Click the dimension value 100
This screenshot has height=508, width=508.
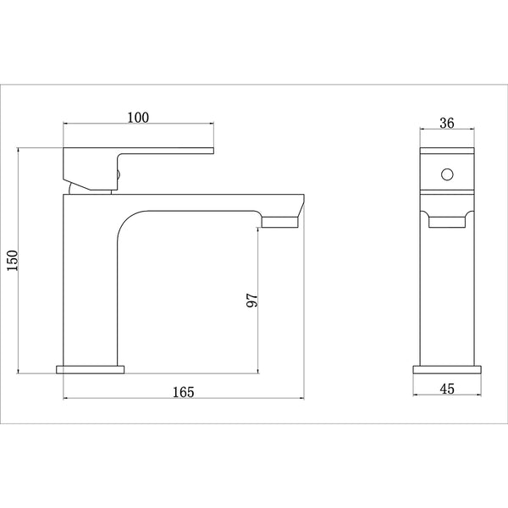pyautogui.click(x=138, y=118)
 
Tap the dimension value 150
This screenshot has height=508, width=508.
pyautogui.click(x=13, y=261)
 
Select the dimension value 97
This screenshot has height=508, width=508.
pyautogui.click(x=252, y=300)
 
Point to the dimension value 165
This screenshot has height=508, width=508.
pyautogui.click(x=183, y=392)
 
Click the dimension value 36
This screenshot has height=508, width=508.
pyautogui.click(x=447, y=123)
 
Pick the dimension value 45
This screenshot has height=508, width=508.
pyautogui.click(x=447, y=389)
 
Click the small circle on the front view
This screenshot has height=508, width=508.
pyautogui.click(x=447, y=174)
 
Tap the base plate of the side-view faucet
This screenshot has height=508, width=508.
pyautogui.click(x=447, y=370)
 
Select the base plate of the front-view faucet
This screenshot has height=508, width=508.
pyautogui.click(x=91, y=370)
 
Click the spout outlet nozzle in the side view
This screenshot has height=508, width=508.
pyautogui.click(x=447, y=222)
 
